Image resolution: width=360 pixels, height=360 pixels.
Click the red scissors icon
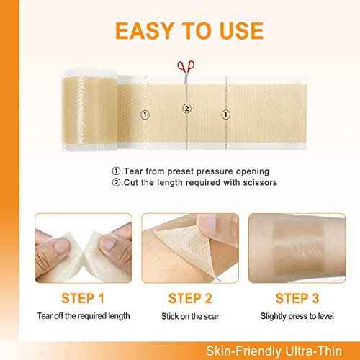185,66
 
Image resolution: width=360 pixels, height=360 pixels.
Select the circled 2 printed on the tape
186,109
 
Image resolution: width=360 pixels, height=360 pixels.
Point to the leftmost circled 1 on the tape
145,114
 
